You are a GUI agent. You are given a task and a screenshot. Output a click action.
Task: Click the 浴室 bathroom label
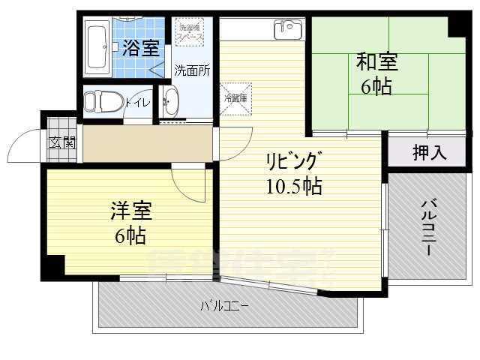tap(140, 49)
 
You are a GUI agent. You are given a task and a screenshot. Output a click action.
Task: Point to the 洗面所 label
tap(192, 71)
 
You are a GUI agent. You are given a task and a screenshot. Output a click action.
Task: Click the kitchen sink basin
tap(286, 29)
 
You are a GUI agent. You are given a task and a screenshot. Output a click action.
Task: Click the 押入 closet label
tap(430, 152)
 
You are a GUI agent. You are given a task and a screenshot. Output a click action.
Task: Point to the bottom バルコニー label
tap(225, 306)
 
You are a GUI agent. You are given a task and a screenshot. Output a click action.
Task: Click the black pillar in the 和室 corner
tap(459, 25)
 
